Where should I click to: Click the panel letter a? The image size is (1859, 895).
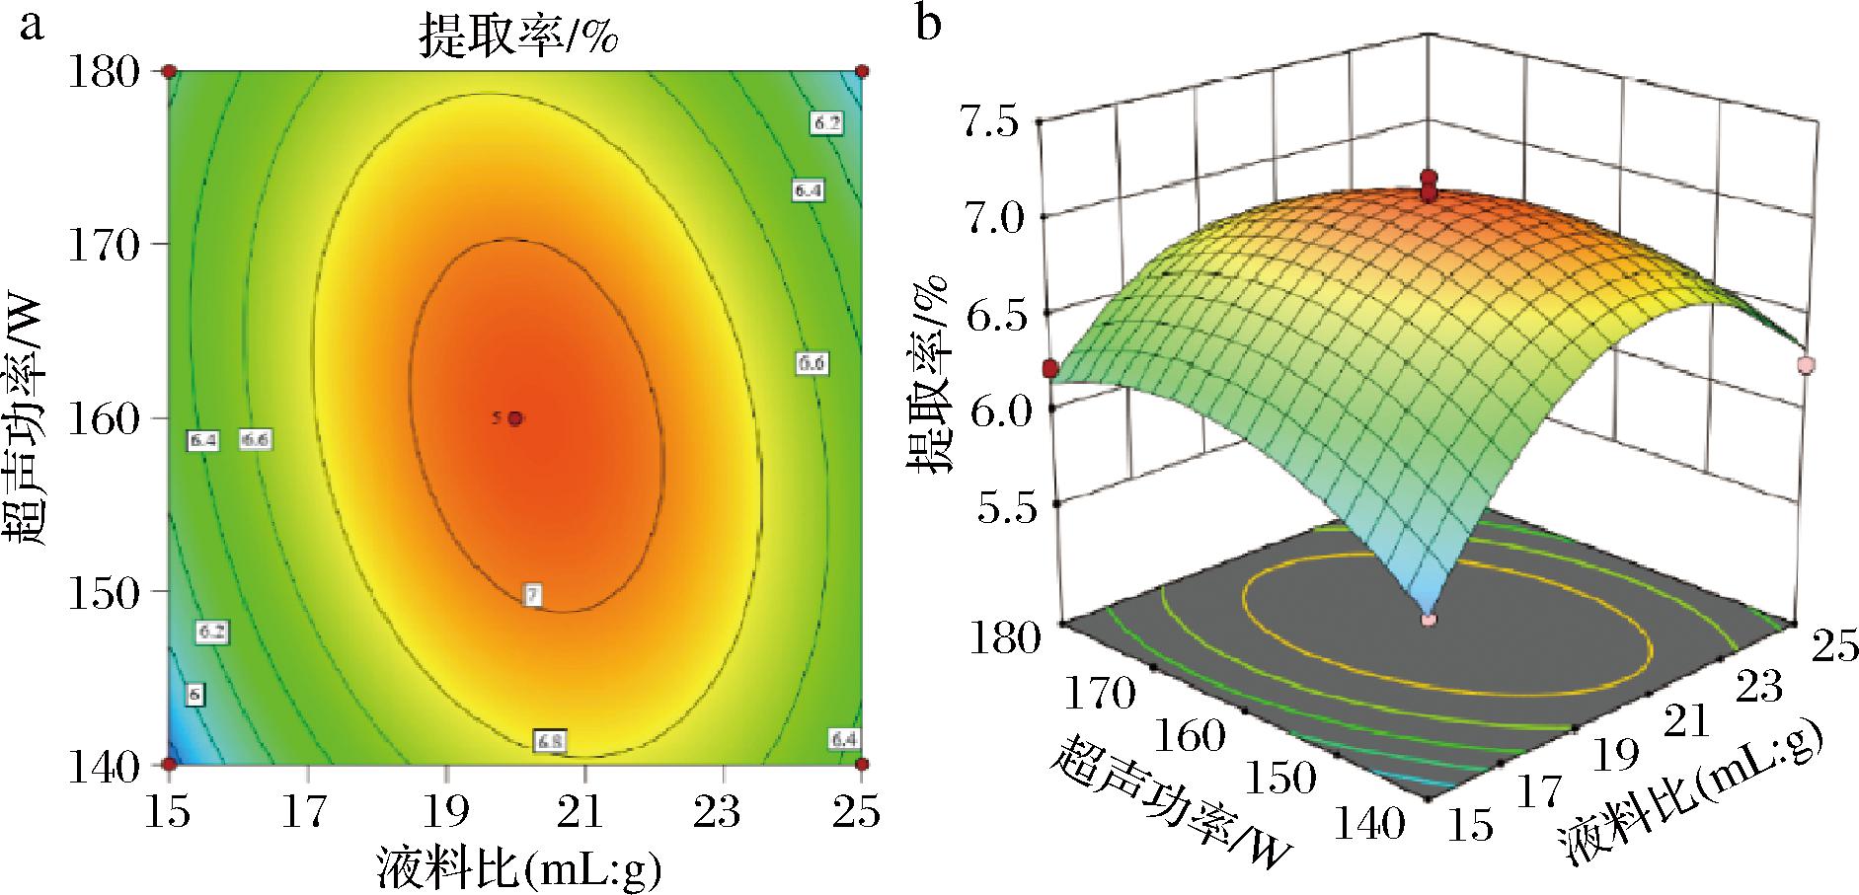(x=33, y=25)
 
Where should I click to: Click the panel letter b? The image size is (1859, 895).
(x=929, y=23)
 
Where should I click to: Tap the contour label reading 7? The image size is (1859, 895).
(x=533, y=594)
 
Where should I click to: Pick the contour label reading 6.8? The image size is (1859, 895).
(x=549, y=740)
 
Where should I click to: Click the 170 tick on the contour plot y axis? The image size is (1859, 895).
(x=104, y=245)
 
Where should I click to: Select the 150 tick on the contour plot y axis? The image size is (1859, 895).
(x=104, y=592)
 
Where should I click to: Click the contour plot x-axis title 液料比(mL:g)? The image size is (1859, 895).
(x=517, y=867)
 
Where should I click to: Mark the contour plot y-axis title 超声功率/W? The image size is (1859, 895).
(x=27, y=417)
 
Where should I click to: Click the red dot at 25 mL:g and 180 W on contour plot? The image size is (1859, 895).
(x=862, y=71)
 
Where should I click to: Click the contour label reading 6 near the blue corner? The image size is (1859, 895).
(x=194, y=695)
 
